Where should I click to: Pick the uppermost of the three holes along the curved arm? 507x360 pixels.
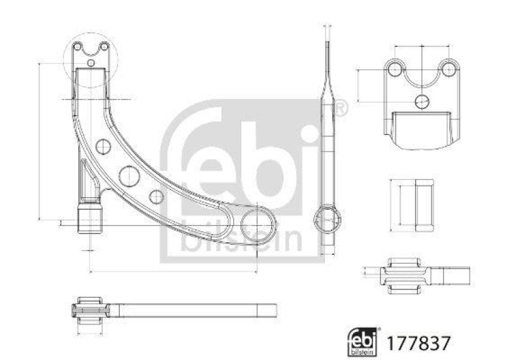point(103,148)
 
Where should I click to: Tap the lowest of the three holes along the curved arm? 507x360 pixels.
point(157,196)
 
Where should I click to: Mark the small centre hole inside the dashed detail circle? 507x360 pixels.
point(91,63)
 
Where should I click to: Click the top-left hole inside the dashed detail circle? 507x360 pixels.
point(77,46)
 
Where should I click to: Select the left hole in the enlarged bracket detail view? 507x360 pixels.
point(394,68)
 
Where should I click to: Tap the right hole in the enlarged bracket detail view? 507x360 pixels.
point(449,68)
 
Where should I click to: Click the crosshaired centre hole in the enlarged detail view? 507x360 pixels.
point(422,100)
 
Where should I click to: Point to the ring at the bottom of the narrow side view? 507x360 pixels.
point(328,219)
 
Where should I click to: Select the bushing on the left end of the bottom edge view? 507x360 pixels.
point(89,310)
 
